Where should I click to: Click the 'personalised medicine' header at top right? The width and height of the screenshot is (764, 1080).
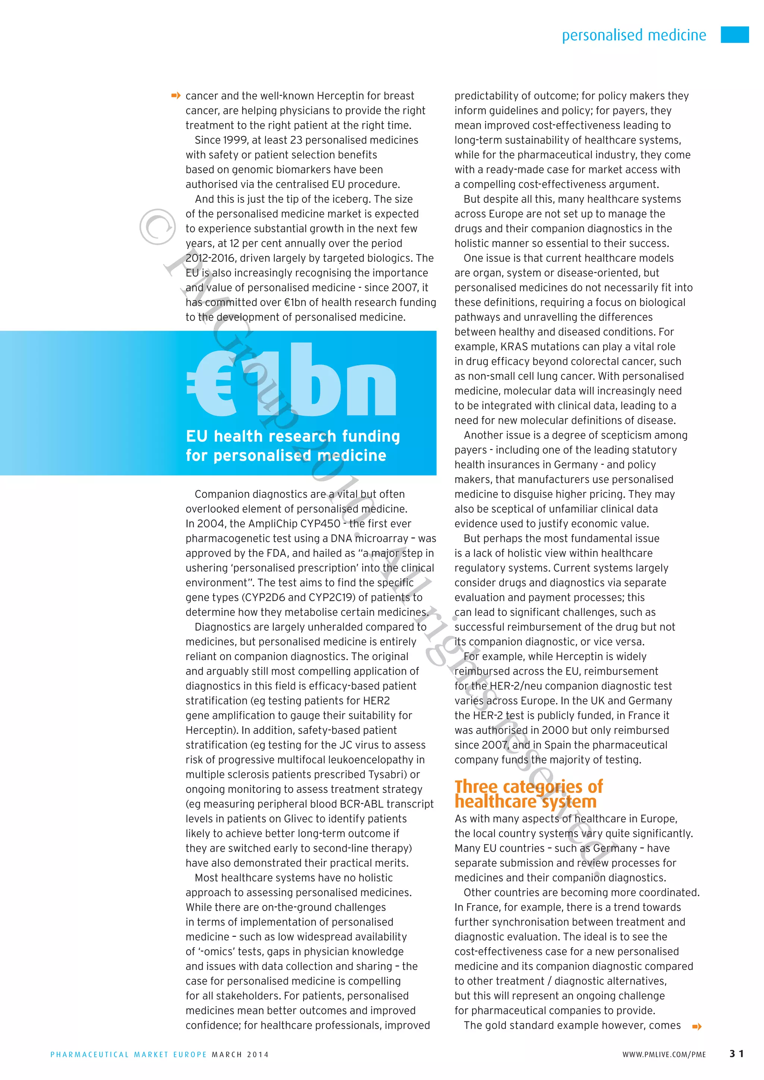[634, 35]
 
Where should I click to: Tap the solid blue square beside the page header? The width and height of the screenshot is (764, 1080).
[735, 35]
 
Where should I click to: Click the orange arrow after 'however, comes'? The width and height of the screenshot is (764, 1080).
[697, 1026]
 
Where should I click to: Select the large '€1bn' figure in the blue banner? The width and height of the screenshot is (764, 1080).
[292, 381]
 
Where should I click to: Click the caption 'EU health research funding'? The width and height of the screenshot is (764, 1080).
[292, 436]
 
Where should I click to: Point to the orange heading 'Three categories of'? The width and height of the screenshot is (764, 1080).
[528, 787]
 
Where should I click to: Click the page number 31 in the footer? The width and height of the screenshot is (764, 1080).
[736, 1054]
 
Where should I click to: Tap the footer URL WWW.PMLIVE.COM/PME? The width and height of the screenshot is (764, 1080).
[664, 1055]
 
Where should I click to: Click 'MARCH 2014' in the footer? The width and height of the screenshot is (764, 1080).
[240, 1055]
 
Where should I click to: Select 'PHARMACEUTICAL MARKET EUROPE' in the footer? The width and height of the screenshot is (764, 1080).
[128, 1055]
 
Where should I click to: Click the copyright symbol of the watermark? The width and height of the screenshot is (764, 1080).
[157, 227]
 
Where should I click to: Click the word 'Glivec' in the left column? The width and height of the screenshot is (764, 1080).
[299, 819]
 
